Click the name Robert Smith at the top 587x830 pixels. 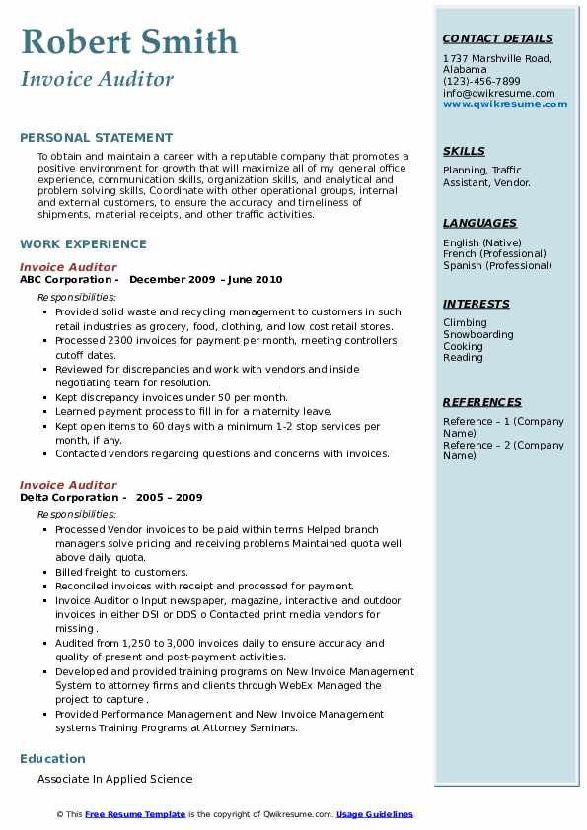[128, 41]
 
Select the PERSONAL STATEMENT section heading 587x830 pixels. [96, 138]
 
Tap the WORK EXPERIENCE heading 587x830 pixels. [83, 243]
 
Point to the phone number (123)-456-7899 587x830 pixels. [481, 82]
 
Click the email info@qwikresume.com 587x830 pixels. [498, 94]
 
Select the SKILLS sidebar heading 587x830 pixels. [464, 151]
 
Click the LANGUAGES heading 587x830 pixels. [479, 223]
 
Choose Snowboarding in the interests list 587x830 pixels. [478, 334]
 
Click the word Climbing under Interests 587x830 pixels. [465, 322]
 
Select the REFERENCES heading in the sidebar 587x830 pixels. [482, 402]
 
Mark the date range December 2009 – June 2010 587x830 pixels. [205, 280]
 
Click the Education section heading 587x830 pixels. [52, 758]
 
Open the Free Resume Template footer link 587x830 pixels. [135, 814]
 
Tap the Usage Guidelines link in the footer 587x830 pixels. [375, 814]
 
